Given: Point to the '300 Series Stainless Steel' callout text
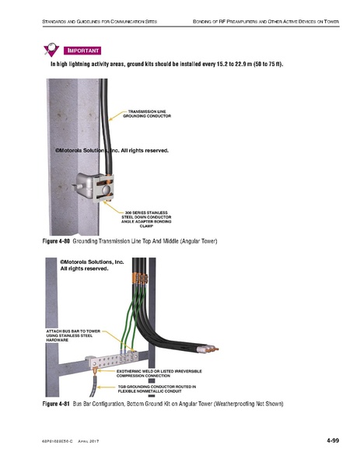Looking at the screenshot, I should (x=147, y=218).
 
